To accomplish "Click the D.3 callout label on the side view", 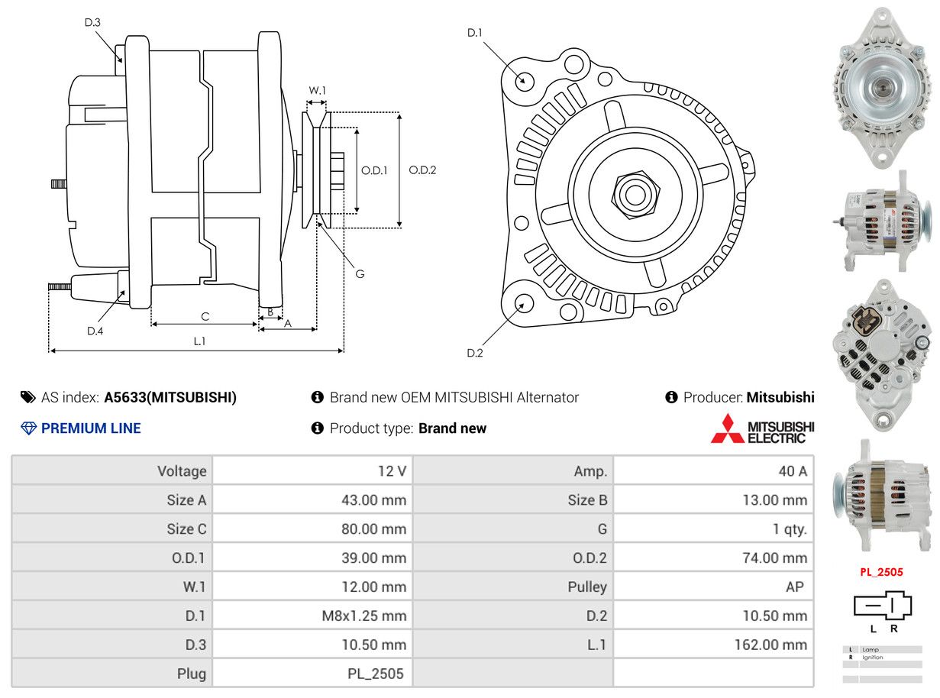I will (92, 22).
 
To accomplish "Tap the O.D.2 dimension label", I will (422, 170).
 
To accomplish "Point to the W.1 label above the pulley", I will (317, 90).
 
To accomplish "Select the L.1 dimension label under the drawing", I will (199, 341).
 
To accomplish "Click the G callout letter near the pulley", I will (360, 273).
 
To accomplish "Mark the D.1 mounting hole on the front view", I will (524, 79).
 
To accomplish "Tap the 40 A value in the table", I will (792, 471).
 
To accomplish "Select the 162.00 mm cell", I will (770, 645).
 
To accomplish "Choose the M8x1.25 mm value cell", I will (363, 616).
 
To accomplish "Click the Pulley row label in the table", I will (587, 587).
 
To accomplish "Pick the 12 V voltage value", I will (392, 471).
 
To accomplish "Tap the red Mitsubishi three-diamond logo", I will (726, 428).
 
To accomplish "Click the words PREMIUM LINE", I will (91, 428).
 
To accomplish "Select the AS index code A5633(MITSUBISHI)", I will (170, 397).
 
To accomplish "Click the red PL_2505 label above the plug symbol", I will (881, 571).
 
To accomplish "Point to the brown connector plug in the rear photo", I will (868, 320).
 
